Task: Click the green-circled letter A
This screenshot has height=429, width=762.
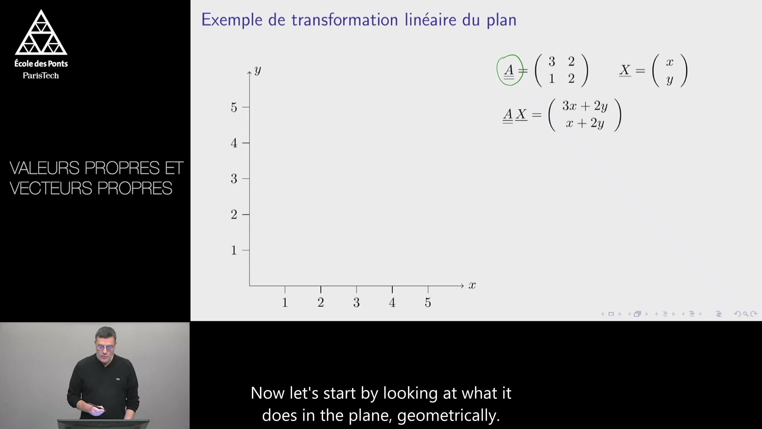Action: click(x=509, y=70)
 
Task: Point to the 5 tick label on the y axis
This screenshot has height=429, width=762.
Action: click(x=234, y=107)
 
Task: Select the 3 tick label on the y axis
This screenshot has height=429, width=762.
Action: click(x=234, y=179)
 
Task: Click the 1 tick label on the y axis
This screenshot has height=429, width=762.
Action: click(x=234, y=250)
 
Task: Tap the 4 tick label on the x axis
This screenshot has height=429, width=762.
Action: click(x=392, y=303)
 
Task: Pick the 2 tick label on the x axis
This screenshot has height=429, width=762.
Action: click(x=321, y=303)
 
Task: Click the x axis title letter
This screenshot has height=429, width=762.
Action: click(x=472, y=285)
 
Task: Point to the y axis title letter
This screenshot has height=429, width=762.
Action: click(x=258, y=70)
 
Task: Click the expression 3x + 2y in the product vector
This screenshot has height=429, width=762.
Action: click(x=585, y=106)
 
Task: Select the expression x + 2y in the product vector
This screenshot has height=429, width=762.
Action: click(x=585, y=123)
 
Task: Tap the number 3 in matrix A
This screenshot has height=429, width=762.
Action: click(x=552, y=62)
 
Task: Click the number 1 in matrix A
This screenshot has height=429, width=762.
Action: click(x=552, y=79)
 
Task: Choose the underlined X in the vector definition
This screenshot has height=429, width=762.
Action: click(x=625, y=70)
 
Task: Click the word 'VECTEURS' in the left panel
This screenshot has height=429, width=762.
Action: click(x=51, y=188)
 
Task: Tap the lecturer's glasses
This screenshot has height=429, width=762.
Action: click(x=105, y=347)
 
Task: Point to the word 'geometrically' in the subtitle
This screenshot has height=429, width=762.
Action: click(x=448, y=415)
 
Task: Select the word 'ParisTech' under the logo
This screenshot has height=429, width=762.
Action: click(x=41, y=75)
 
